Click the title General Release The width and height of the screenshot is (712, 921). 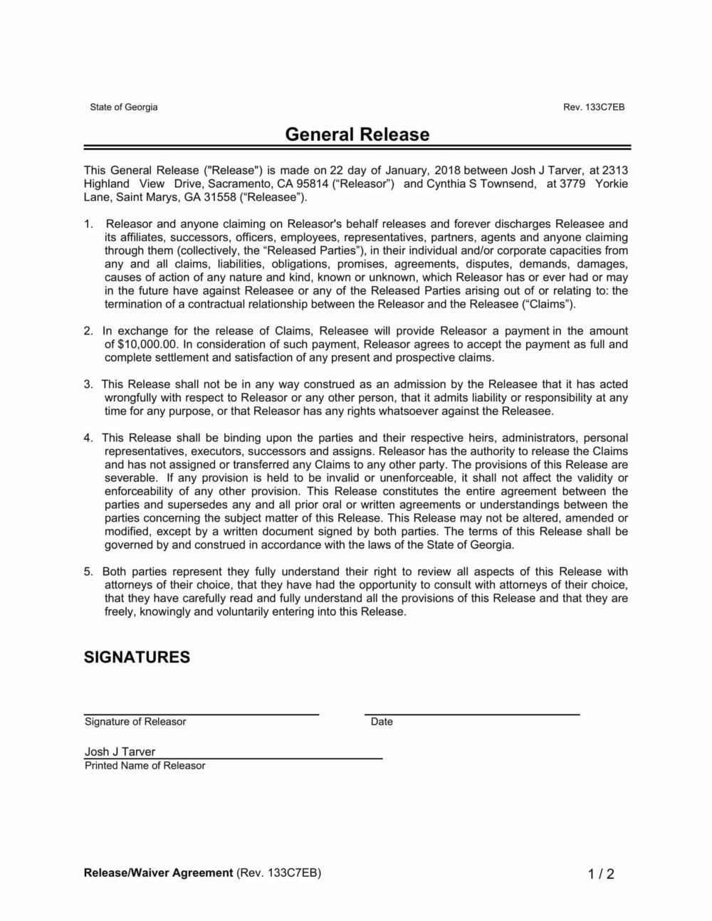tap(357, 135)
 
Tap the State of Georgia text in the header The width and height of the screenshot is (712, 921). tap(123, 107)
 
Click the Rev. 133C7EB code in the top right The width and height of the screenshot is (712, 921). tap(593, 107)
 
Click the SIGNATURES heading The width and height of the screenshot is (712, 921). tap(137, 657)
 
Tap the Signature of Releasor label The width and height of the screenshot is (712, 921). tap(135, 722)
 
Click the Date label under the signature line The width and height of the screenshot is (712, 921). tap(382, 722)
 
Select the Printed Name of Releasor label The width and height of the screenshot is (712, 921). tap(145, 766)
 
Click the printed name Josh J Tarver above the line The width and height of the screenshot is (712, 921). tap(120, 752)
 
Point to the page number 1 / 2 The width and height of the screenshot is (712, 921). tap(601, 874)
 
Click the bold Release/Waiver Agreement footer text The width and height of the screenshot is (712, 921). tap(158, 873)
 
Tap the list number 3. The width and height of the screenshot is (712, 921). tap(88, 384)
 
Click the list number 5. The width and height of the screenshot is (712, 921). tap(88, 572)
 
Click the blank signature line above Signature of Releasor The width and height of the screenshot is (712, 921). tap(201, 712)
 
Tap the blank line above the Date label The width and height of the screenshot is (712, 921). tap(472, 712)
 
